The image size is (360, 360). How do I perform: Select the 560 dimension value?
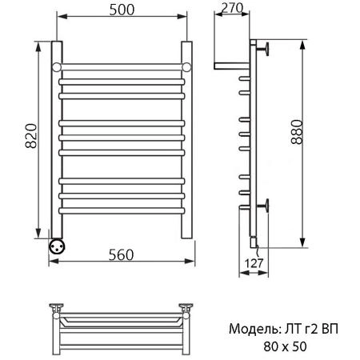click(122, 254)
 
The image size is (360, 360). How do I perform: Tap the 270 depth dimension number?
click(232, 10)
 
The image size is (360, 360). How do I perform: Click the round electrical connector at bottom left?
click(58, 246)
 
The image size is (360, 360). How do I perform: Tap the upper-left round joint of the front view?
click(58, 65)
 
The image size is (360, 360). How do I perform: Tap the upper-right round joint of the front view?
click(185, 65)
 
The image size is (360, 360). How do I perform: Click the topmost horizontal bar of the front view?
click(122, 65)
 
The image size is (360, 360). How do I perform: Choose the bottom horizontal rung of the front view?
click(122, 210)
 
